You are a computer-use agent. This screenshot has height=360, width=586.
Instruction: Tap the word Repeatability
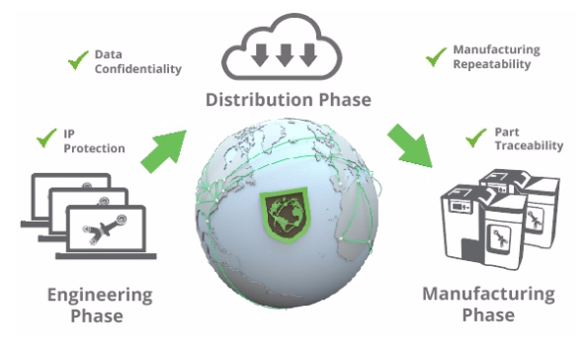click(x=491, y=64)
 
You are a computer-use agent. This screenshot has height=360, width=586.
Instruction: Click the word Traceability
click(x=528, y=145)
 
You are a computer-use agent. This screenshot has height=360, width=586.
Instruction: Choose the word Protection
click(x=95, y=149)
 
